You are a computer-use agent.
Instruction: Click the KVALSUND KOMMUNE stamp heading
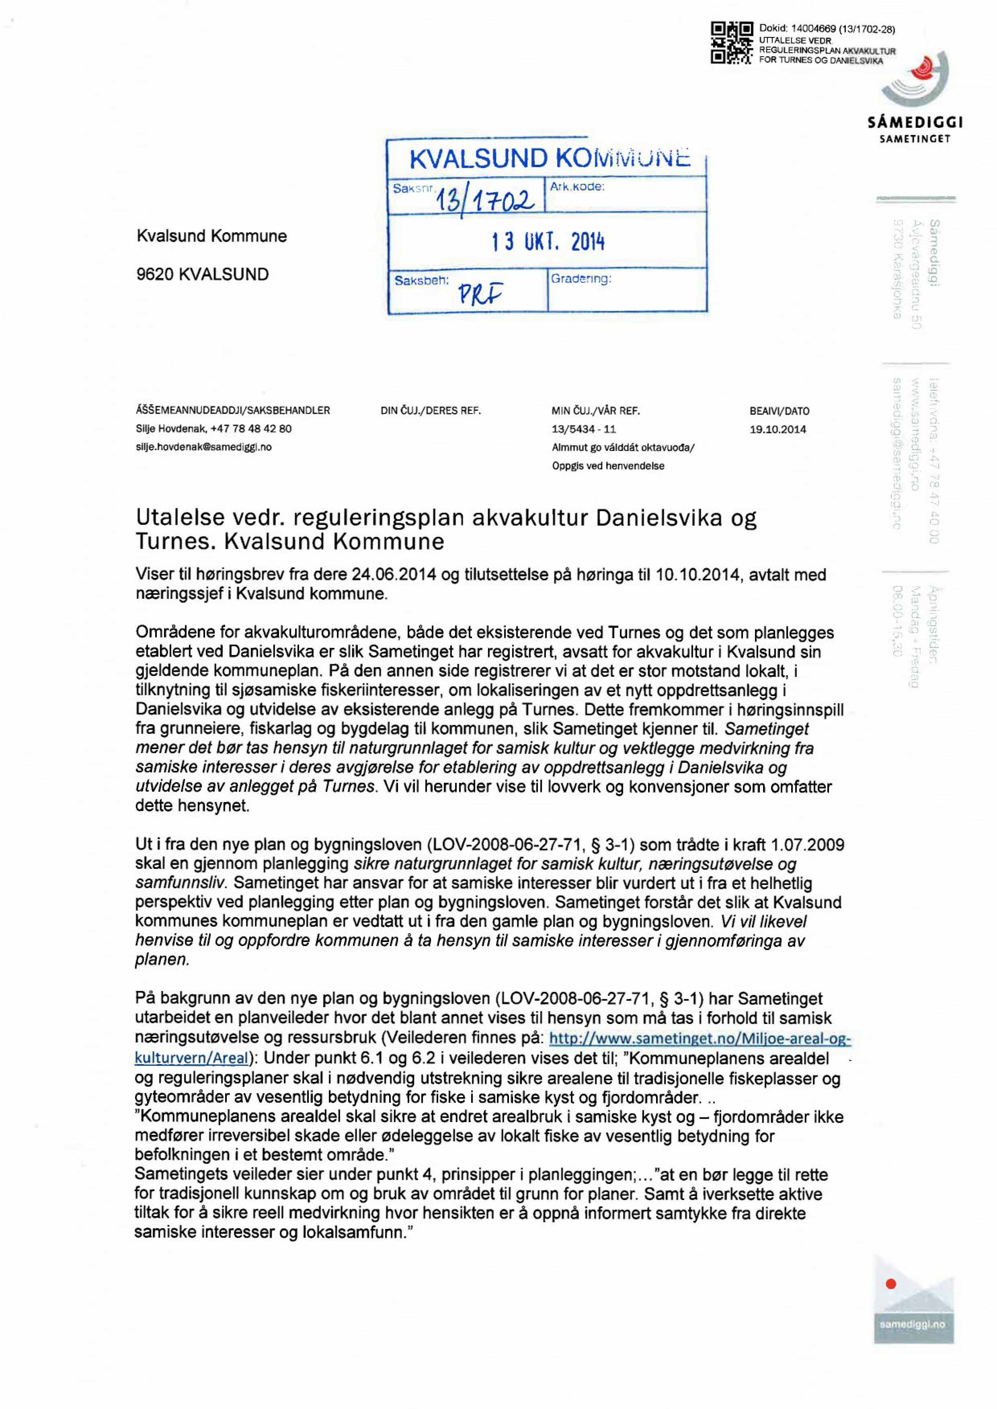pyautogui.click(x=549, y=159)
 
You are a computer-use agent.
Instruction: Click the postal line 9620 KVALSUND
pyautogui.click(x=203, y=274)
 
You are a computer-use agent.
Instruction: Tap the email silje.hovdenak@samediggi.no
pyautogui.click(x=204, y=447)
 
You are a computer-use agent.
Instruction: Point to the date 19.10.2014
pyautogui.click(x=778, y=429)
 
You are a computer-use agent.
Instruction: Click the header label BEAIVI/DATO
pyautogui.click(x=779, y=411)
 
